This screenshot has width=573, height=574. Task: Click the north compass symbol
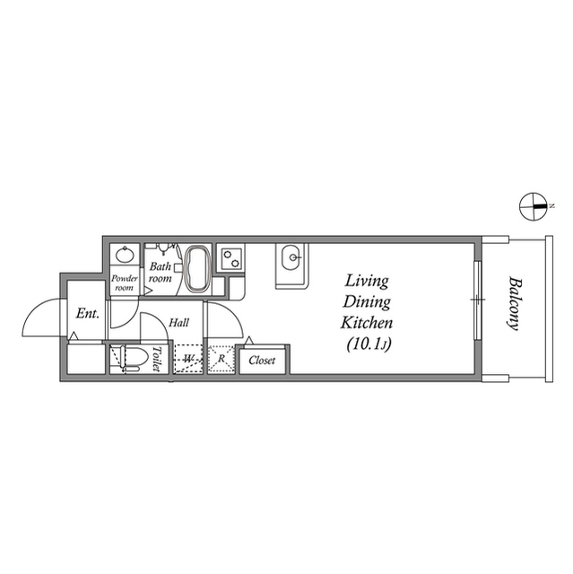coord(534,206)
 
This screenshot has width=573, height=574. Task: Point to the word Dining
coord(364,302)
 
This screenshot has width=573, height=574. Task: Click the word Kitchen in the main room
coord(364,323)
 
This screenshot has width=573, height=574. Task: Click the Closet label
coord(262,361)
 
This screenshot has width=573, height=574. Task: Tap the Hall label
coord(178,322)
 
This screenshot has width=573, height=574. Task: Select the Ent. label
coord(87,313)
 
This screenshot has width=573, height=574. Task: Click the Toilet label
coord(156,360)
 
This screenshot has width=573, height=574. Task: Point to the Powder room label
coord(124,283)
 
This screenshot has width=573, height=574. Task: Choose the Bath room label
coord(161,272)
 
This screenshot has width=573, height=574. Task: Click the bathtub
coord(197,269)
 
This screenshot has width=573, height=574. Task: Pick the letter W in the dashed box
coord(188,360)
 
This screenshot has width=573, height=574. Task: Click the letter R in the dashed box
coord(221,360)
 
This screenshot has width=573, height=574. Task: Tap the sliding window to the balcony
coord(478,300)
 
